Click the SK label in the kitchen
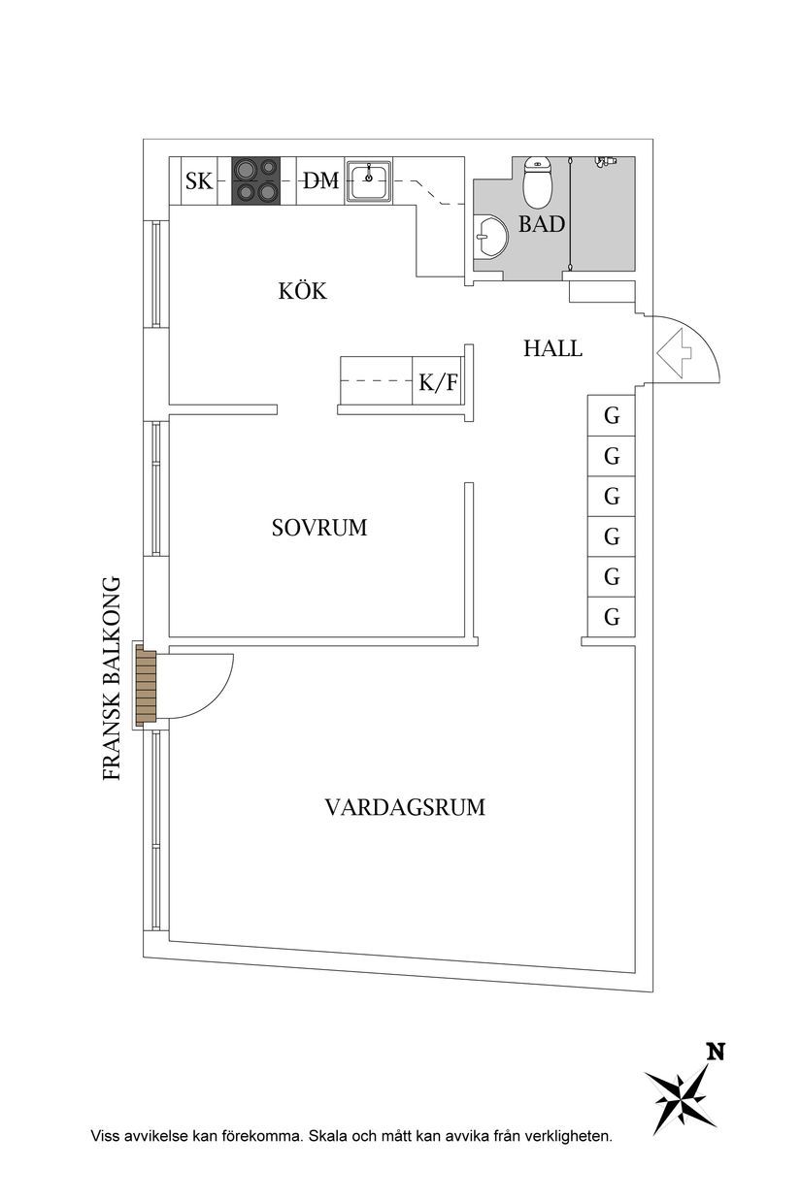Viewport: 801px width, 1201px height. (199, 180)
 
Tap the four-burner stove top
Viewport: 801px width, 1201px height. (255, 180)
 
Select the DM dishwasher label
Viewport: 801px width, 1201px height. (319, 180)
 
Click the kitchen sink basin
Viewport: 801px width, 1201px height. (369, 179)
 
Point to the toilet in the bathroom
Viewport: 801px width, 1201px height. (536, 179)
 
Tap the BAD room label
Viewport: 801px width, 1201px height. (541, 225)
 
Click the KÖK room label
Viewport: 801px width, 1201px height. (302, 291)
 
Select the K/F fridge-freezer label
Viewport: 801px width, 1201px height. (438, 383)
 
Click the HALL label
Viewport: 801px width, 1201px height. (552, 348)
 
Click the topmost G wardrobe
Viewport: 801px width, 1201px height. (612, 416)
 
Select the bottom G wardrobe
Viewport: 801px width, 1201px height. (612, 617)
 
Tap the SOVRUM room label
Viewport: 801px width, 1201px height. (319, 529)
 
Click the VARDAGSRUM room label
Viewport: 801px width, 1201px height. (405, 807)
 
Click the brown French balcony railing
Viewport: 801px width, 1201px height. (146, 685)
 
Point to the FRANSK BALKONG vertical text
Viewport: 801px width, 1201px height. (112, 679)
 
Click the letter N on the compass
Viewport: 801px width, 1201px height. (716, 1052)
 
